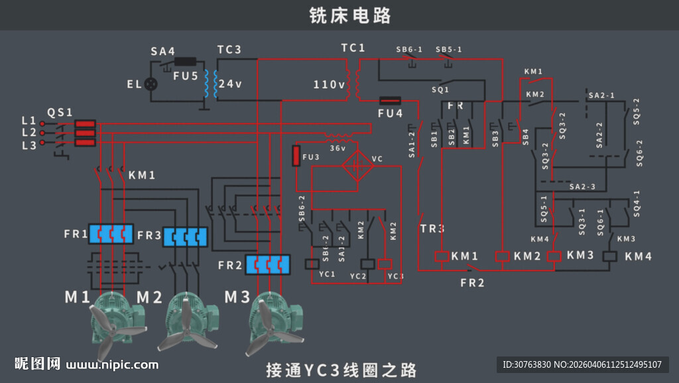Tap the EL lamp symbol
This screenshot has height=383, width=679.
pyautogui.click(x=152, y=84)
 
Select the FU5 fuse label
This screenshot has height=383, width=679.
pyautogui.click(x=186, y=76)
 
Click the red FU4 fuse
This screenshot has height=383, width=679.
pyautogui.click(x=390, y=101)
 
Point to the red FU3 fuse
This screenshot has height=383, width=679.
pyautogui.click(x=296, y=156)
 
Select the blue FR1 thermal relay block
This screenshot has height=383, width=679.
pyautogui.click(x=111, y=234)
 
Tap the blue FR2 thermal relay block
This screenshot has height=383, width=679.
pyautogui.click(x=268, y=264)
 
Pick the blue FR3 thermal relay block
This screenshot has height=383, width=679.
pyautogui.click(x=185, y=236)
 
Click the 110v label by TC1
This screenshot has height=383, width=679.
pyautogui.click(x=329, y=84)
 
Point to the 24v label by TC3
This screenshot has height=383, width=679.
pyautogui.click(x=230, y=84)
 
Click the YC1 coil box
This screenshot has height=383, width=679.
pyautogui.click(x=312, y=264)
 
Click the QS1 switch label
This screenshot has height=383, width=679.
pyautogui.click(x=60, y=112)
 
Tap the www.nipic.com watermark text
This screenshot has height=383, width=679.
pyautogui.click(x=112, y=364)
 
